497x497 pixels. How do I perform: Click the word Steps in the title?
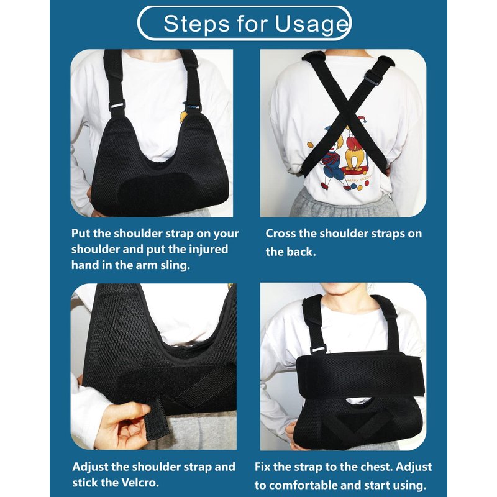196,23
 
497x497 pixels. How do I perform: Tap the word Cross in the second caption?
280,234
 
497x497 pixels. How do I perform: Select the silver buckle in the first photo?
117,104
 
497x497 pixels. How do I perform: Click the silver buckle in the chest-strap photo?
318,349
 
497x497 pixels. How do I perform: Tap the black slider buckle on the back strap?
372,77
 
